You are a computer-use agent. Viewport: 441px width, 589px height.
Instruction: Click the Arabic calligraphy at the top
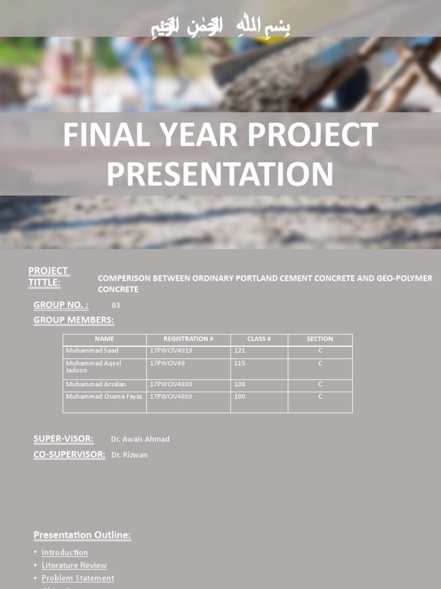click(x=220, y=26)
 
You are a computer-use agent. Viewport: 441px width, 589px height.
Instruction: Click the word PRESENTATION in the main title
click(x=220, y=174)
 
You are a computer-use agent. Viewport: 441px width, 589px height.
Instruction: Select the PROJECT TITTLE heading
click(x=48, y=277)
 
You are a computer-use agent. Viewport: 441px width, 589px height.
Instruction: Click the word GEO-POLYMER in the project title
click(x=404, y=278)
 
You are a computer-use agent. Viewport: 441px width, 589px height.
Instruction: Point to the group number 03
click(x=116, y=305)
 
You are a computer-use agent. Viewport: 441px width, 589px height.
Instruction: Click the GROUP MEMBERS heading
click(x=73, y=320)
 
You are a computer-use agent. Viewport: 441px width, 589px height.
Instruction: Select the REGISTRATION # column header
click(x=188, y=339)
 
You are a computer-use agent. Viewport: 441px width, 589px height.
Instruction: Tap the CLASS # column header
click(x=259, y=339)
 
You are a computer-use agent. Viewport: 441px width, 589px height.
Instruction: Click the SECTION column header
click(x=320, y=339)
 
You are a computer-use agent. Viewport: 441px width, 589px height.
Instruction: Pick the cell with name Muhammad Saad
click(x=92, y=351)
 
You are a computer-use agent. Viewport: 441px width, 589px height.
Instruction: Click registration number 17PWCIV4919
click(x=171, y=351)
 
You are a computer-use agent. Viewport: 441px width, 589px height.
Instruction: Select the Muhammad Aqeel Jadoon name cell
click(x=94, y=367)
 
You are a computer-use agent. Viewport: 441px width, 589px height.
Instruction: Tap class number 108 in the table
click(x=240, y=384)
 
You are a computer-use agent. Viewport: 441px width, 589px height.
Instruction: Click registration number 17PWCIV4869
click(x=171, y=397)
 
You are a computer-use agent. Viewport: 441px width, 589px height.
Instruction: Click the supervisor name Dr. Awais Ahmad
click(x=140, y=439)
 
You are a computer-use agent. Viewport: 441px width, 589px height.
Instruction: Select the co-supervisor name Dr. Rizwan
click(x=129, y=455)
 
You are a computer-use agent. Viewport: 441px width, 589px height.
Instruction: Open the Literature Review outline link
click(x=74, y=565)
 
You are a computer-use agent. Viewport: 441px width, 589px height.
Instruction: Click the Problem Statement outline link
click(x=78, y=578)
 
